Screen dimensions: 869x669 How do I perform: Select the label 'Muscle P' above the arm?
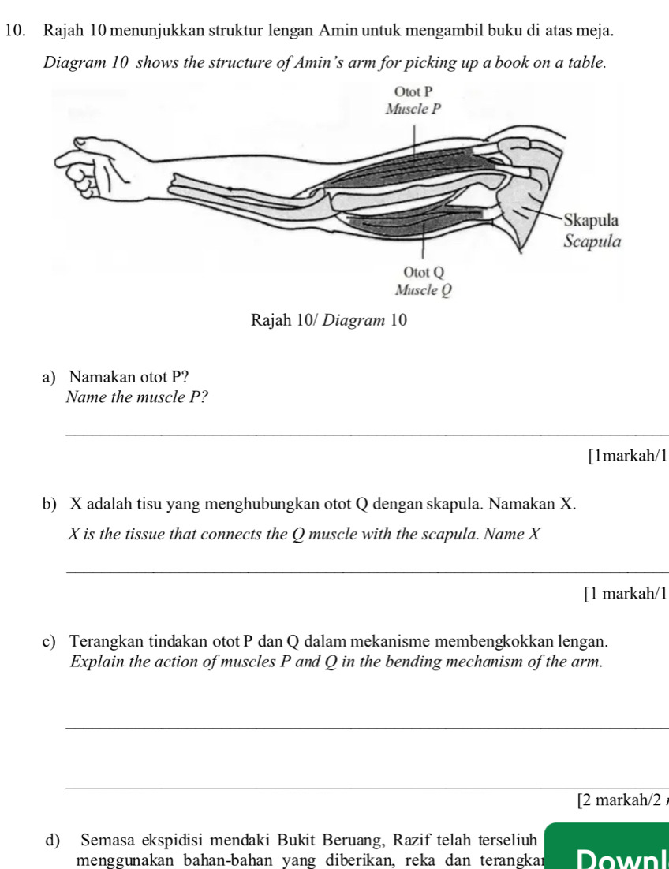pos(413,110)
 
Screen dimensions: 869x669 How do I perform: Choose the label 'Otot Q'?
pos(426,272)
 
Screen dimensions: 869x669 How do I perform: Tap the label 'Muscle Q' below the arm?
pos(426,289)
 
